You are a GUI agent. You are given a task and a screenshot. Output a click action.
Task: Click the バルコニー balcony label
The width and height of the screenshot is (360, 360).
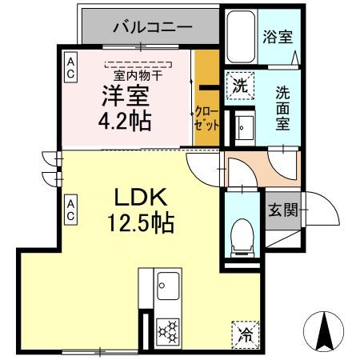point(152,27)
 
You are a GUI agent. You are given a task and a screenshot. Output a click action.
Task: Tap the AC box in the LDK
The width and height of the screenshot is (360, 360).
point(70,210)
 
